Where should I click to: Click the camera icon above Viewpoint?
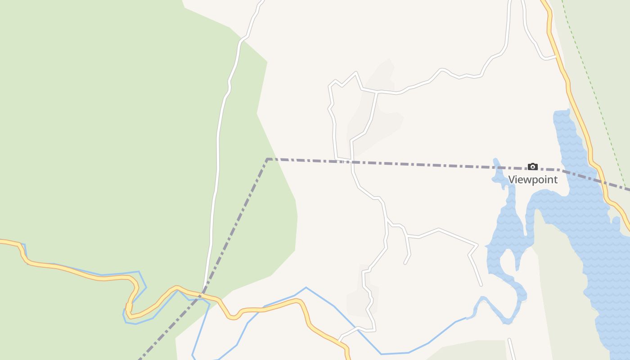(x=533, y=167)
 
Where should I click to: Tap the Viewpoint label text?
(x=533, y=180)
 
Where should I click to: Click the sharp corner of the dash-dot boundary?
(x=267, y=159)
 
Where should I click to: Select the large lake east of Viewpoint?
(x=585, y=216)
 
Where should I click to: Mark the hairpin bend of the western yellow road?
(x=129, y=308)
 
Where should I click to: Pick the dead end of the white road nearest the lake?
(x=481, y=285)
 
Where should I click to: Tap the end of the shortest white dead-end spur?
(x=405, y=263)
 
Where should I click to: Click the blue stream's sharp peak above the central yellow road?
(x=306, y=288)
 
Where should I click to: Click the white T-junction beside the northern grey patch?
(x=376, y=91)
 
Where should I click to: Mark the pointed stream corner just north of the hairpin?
(x=139, y=272)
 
